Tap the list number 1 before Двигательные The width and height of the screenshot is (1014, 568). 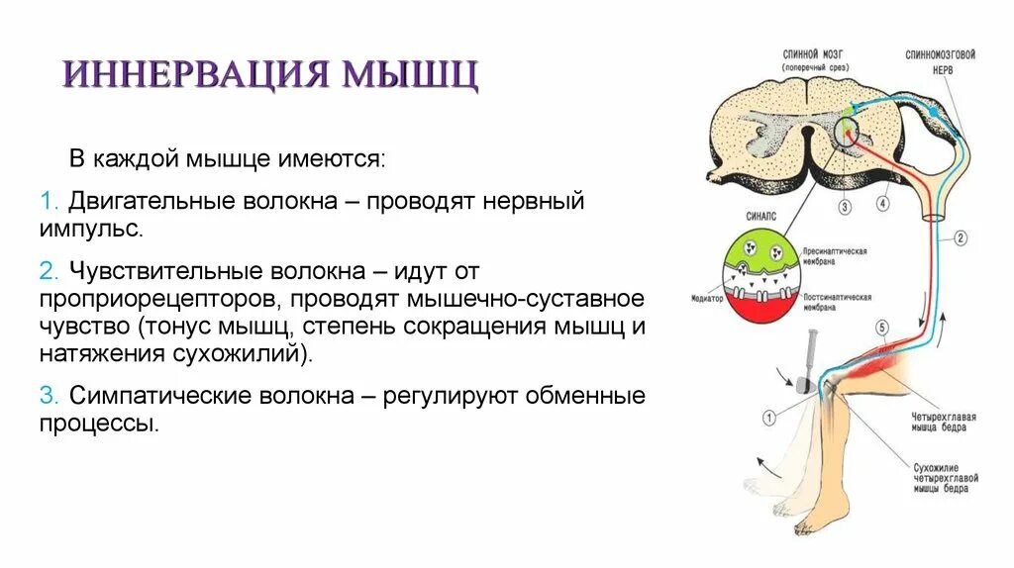(46, 201)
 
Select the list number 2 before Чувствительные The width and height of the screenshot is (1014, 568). (46, 270)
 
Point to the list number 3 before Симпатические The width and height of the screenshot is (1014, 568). (46, 396)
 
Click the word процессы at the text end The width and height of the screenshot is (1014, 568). (98, 424)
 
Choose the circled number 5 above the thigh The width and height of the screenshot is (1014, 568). (881, 328)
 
